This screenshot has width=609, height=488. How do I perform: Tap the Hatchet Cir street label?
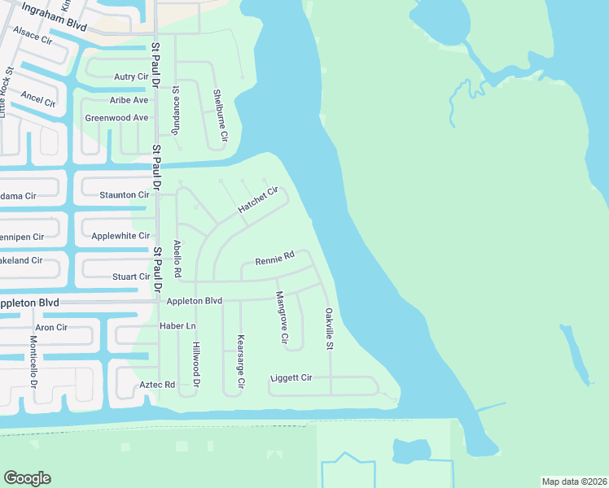pos(258,200)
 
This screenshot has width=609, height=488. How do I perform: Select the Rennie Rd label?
pos(274,259)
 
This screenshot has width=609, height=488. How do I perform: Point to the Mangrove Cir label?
pos(282,317)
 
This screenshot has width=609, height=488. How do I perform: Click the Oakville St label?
pos(330,329)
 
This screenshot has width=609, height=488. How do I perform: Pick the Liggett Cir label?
pos(291,378)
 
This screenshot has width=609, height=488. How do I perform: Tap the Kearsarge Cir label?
pos(240,361)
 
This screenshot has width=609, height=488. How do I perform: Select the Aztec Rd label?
pos(159,384)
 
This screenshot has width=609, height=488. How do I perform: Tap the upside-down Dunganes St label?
pos(174,111)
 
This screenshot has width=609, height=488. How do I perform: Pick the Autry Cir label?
pos(131,77)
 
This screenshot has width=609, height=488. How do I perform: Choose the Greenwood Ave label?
pos(116,118)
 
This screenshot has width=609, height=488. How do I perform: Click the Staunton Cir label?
pos(125,195)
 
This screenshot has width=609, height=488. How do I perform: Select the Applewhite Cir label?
pos(120,236)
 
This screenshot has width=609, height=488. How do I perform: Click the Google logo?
pos(27,478)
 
